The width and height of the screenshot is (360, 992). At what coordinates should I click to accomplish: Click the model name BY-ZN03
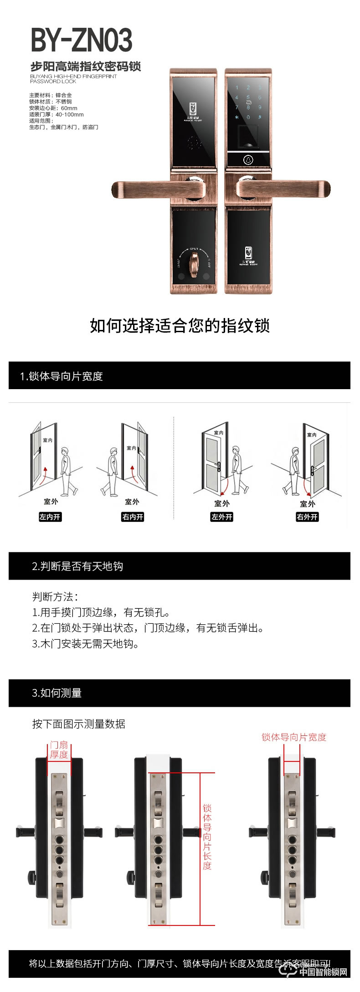click(82, 40)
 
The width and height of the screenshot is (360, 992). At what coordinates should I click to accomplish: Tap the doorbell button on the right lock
click(248, 160)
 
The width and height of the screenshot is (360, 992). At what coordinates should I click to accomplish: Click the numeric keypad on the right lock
click(248, 102)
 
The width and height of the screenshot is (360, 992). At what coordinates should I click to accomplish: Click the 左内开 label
click(50, 517)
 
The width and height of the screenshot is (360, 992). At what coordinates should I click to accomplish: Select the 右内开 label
click(133, 517)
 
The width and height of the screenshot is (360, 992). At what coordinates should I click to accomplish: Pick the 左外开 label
click(221, 517)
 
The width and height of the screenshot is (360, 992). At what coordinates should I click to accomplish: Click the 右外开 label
click(307, 517)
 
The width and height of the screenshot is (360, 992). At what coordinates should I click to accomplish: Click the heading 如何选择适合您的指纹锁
click(180, 326)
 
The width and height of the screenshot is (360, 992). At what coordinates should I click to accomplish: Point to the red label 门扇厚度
click(59, 750)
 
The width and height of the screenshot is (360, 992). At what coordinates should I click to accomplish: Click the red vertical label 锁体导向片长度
click(207, 837)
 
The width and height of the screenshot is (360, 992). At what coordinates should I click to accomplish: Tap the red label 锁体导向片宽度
click(294, 737)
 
